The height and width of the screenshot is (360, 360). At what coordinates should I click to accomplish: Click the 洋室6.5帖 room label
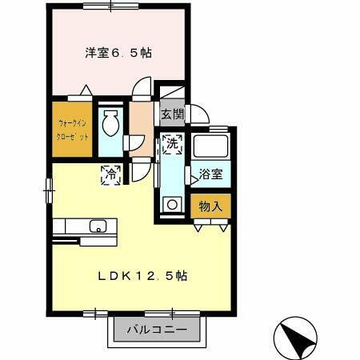coord(119,53)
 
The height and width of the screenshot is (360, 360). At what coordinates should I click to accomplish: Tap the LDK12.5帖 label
coord(143,274)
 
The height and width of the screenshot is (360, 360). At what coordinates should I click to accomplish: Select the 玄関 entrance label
coord(173,114)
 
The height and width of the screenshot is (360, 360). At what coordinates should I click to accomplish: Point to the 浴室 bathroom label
coord(210,174)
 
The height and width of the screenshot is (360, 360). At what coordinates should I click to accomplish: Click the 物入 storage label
coord(210,206)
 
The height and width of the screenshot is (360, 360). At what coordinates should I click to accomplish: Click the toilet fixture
coord(110,126)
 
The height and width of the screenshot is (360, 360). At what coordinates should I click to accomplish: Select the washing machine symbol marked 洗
coord(171,145)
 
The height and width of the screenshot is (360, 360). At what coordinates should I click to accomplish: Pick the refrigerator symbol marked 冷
coord(111,174)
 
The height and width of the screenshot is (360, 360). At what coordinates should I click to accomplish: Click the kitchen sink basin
coord(98,226)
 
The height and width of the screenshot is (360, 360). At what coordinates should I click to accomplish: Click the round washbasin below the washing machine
coord(171,204)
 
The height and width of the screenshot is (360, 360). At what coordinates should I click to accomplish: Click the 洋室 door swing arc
coord(141,86)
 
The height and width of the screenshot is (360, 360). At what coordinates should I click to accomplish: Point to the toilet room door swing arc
coord(134,143)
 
